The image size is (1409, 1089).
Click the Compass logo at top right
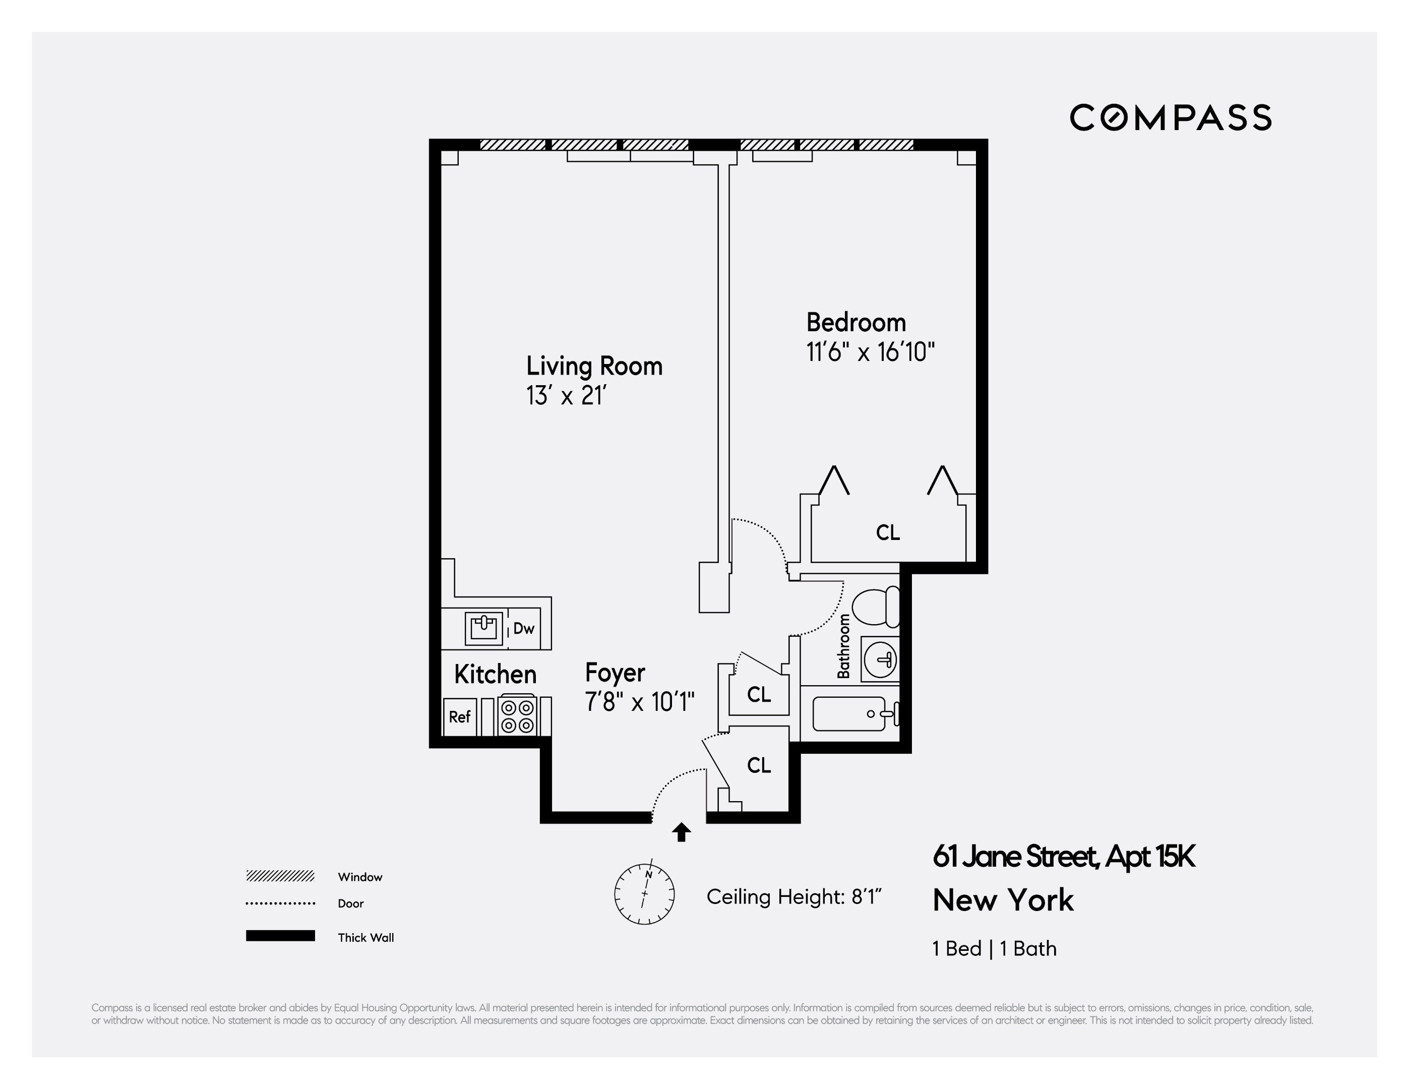click(x=1170, y=117)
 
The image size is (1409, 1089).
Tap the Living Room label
click(x=594, y=366)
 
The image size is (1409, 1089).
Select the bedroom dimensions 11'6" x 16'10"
click(x=870, y=352)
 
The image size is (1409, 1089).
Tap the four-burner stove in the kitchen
click(x=517, y=715)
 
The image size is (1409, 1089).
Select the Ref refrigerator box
click(x=459, y=717)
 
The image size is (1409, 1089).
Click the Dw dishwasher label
click(x=523, y=628)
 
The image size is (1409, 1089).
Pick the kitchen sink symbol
click(x=484, y=628)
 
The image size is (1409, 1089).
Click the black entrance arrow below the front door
click(x=681, y=832)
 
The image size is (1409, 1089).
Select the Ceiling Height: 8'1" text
click(x=793, y=897)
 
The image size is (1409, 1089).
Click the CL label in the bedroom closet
click(x=888, y=532)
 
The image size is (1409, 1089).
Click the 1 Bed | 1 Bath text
click(x=994, y=948)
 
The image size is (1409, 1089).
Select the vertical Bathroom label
click(x=843, y=646)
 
